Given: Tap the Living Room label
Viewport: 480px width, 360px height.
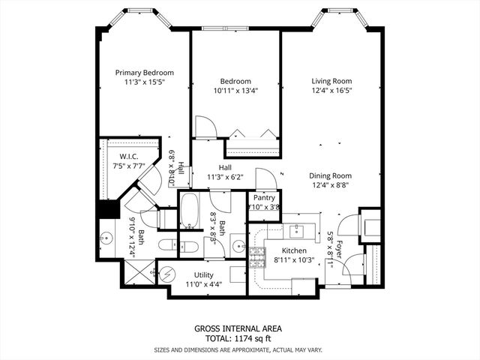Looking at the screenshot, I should click(x=331, y=81).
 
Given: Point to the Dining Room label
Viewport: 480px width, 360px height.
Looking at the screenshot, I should click(x=331, y=175).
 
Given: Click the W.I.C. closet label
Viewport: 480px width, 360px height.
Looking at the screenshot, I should click(x=124, y=156).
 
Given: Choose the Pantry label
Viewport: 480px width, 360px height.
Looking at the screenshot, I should click(x=264, y=198).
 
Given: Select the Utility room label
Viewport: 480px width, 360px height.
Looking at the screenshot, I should click(x=203, y=274).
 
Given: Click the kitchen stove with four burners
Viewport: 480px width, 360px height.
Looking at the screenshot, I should click(x=258, y=257).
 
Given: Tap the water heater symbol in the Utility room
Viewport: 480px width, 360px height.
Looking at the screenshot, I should click(x=169, y=273).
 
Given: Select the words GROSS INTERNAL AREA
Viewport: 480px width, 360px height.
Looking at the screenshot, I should click(x=238, y=328).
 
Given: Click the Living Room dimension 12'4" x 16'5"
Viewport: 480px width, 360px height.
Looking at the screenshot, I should click(x=331, y=91).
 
